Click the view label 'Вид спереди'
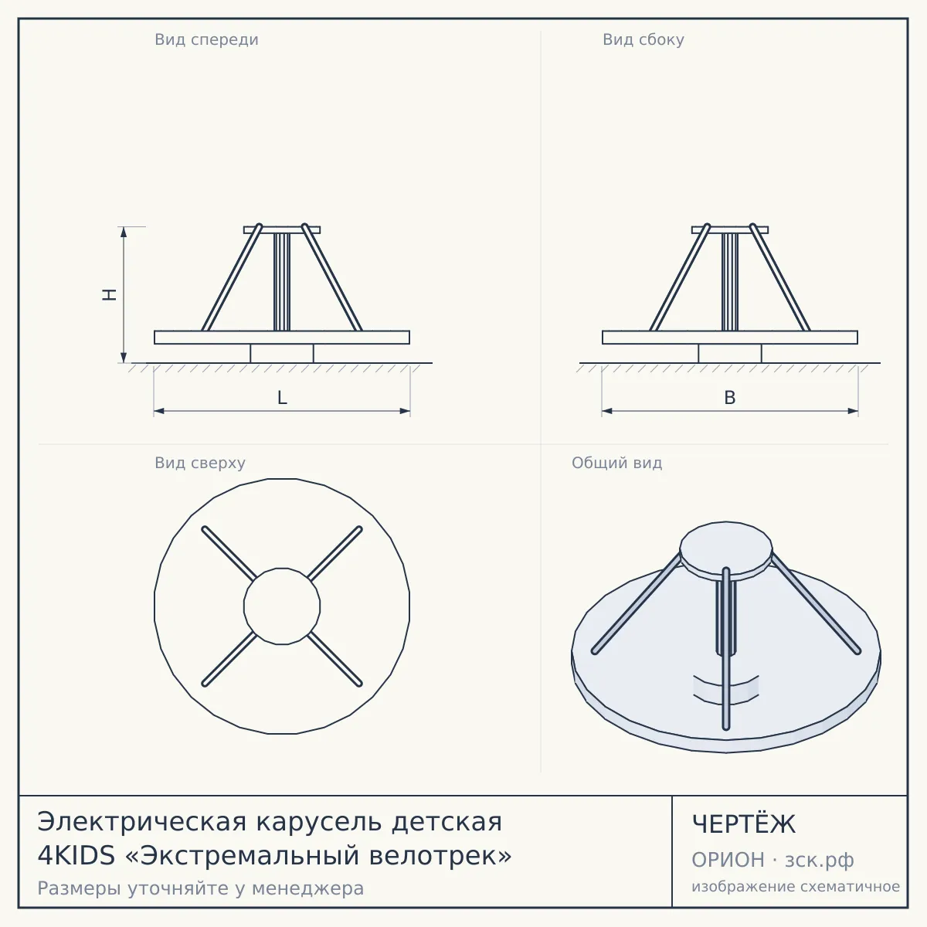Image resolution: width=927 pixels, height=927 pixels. coord(206,40)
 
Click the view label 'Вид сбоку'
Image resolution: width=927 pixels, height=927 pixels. coord(643,40)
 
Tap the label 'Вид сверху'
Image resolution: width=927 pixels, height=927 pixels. coord(200,463)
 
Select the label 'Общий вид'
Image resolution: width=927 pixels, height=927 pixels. coord(616,463)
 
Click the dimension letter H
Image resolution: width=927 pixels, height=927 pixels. coord(110,294)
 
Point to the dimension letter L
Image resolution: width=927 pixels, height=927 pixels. coord(282,398)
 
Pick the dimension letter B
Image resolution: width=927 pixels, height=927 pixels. coord(730,398)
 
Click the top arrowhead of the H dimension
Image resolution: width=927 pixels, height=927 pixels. coord(124,232)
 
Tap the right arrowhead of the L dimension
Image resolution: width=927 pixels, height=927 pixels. coord(405,411)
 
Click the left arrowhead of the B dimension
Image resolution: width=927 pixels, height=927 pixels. coord(607,411)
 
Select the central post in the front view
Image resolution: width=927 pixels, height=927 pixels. coord(282,282)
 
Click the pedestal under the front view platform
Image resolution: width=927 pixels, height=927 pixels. coord(282,353)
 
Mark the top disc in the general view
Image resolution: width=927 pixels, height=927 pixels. coord(726,550)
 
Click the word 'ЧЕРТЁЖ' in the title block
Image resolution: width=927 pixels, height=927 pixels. coord(744,824)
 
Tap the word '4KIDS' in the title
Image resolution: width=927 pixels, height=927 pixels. coord(76,855)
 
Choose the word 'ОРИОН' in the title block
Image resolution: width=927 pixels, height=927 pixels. coord(728,860)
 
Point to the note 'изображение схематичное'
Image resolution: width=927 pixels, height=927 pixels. coord(796,886)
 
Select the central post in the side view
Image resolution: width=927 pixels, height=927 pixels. coord(730,282)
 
